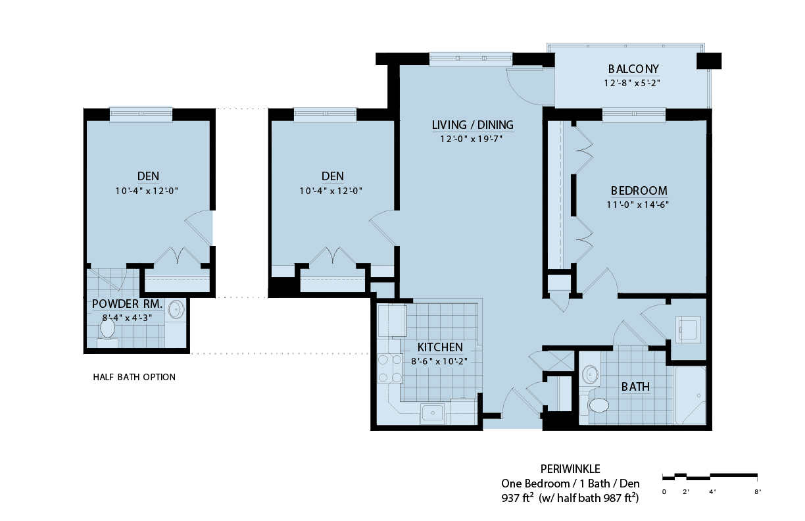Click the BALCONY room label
tap(633, 68)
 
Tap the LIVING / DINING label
tap(473, 125)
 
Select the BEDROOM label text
tap(639, 190)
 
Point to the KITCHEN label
tap(440, 347)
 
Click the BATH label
tap(635, 387)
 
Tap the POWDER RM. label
tap(127, 304)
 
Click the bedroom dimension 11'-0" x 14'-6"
tap(637, 205)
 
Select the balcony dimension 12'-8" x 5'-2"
tap(632, 83)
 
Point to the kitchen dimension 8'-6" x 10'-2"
tap(439, 361)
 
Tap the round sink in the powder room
tap(176, 309)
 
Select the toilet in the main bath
tap(597, 406)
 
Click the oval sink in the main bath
tap(591, 375)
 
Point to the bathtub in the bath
tap(690, 395)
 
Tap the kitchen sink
tap(432, 412)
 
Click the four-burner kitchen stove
tap(390, 368)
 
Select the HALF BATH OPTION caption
tap(134, 377)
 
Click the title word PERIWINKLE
tap(570, 469)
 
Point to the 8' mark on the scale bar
tap(758, 492)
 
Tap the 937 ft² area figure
tap(517, 497)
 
